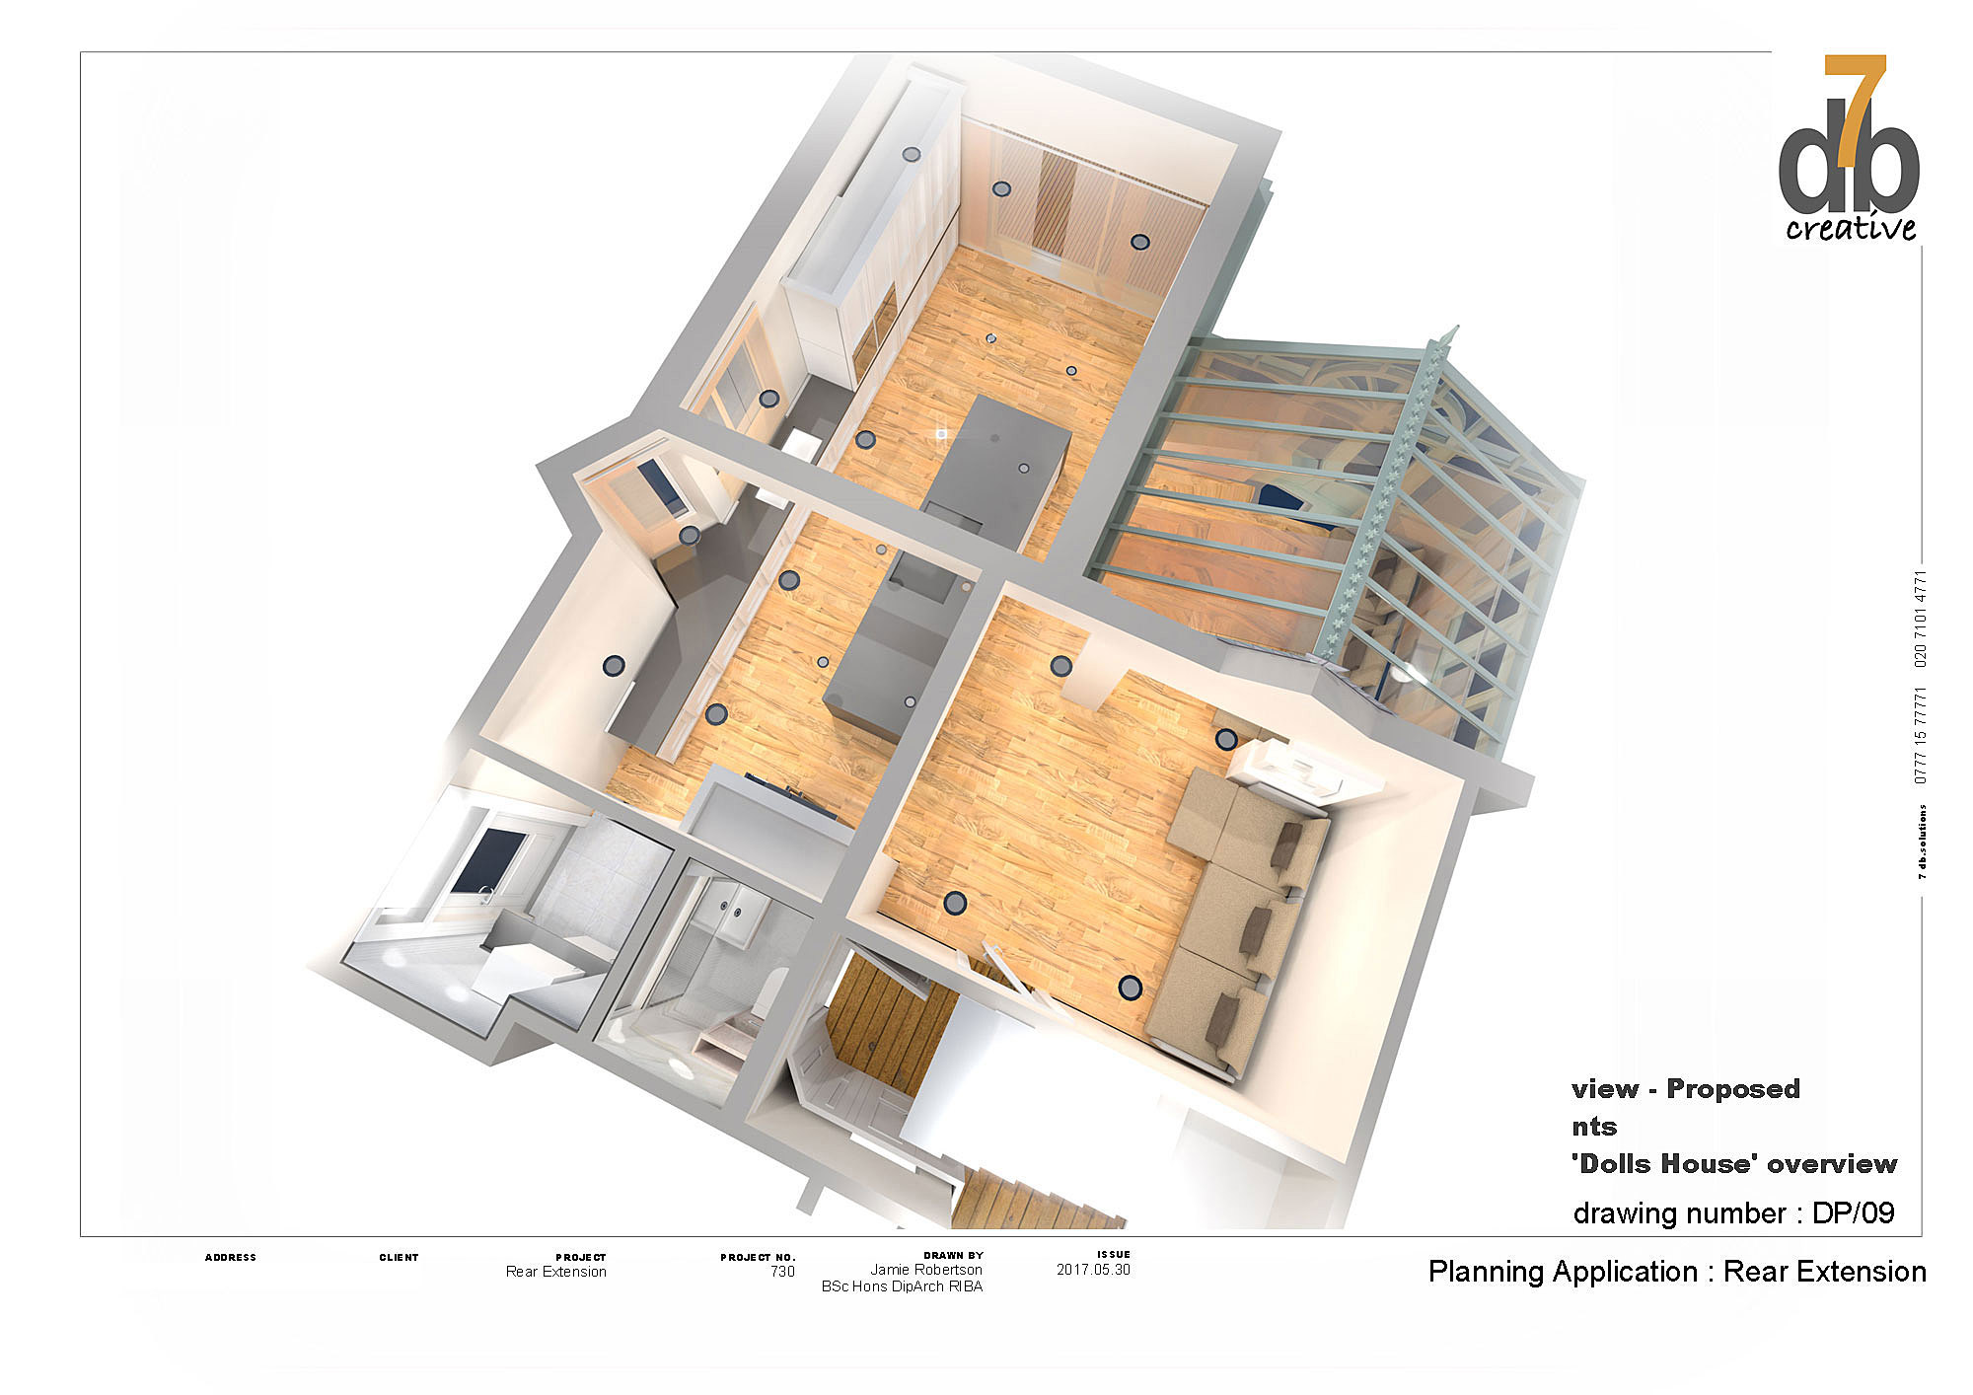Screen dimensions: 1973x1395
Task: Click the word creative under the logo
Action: pyautogui.click(x=1851, y=228)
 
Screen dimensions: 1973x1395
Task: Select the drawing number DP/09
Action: pyautogui.click(x=1854, y=1212)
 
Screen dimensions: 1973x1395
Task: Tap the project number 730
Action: pyautogui.click(x=782, y=1272)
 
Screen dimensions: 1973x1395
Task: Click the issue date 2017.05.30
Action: pyautogui.click(x=1093, y=1270)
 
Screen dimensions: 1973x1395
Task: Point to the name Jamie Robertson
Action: pyautogui.click(x=926, y=1271)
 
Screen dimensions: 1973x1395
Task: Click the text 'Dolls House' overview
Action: pyautogui.click(x=1733, y=1164)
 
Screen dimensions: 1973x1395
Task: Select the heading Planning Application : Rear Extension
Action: pyautogui.click(x=1677, y=1272)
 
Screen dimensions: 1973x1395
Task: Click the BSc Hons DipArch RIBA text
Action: pyautogui.click(x=902, y=1286)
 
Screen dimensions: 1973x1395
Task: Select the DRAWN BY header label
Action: pyautogui.click(x=953, y=1257)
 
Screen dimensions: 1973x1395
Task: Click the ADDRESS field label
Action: pyautogui.click(x=230, y=1258)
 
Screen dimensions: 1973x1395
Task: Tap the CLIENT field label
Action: pyautogui.click(x=399, y=1258)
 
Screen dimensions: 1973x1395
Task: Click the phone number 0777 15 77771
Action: pyautogui.click(x=1920, y=735)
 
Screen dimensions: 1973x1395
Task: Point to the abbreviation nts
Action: pyautogui.click(x=1594, y=1127)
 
